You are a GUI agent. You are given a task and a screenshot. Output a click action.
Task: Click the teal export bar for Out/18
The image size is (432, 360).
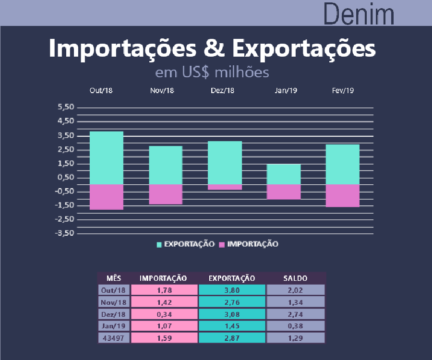pyautogui.click(x=107, y=157)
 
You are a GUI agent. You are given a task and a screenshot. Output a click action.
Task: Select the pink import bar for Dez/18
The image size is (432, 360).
pyautogui.click(x=225, y=187)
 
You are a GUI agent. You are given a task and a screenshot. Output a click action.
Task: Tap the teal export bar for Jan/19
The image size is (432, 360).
pyautogui.click(x=284, y=174)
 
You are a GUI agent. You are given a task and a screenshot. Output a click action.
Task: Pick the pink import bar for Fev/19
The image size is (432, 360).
pyautogui.click(x=343, y=195)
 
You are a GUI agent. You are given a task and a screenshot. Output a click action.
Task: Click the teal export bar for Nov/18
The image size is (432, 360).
pyautogui.click(x=166, y=165)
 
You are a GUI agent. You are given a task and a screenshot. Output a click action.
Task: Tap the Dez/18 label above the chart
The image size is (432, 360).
pyautogui.click(x=223, y=91)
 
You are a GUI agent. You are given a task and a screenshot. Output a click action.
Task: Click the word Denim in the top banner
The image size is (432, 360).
pyautogui.click(x=359, y=14)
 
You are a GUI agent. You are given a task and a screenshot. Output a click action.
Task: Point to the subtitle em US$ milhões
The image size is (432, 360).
pyautogui.click(x=212, y=72)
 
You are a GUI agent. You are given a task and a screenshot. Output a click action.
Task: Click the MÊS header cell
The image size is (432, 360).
pyautogui.click(x=114, y=278)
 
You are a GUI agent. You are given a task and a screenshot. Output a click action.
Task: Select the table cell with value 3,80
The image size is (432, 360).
pyautogui.click(x=232, y=290)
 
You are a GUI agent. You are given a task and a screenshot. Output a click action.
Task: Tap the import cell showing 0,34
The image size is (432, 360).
pyautogui.click(x=164, y=314)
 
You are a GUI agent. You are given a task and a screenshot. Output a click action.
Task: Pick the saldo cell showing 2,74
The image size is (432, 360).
pyautogui.click(x=296, y=314)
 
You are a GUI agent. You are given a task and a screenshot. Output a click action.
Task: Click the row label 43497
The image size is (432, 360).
pyautogui.click(x=114, y=338)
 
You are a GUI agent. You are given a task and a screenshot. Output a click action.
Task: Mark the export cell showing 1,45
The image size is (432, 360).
pyautogui.click(x=232, y=326)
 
